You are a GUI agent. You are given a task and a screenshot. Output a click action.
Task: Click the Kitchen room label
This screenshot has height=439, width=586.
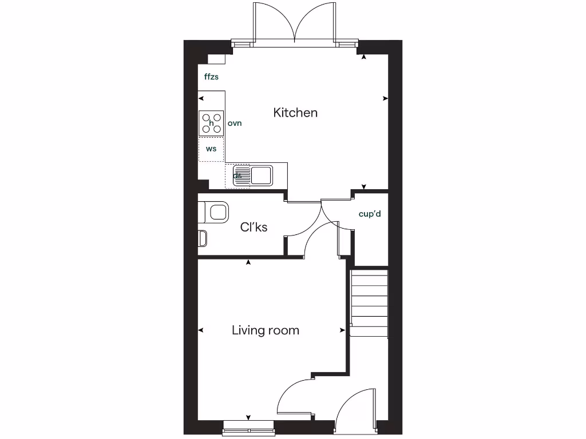[295, 113]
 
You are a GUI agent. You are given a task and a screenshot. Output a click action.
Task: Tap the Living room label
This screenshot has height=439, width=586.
[266, 330]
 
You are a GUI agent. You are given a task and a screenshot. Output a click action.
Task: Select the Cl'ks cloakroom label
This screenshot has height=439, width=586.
[254, 227]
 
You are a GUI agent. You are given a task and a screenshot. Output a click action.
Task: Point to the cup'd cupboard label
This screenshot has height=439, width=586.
[370, 214]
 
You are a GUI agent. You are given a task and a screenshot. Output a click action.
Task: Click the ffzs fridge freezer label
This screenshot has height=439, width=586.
[211, 77]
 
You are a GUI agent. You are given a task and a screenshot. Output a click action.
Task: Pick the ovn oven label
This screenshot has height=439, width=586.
[235, 123]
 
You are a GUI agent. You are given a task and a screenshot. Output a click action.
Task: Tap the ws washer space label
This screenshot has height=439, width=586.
[211, 149]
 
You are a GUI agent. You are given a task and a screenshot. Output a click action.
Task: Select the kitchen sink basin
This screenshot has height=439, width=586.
[263, 174]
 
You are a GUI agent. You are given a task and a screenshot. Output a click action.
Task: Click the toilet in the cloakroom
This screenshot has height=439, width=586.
[215, 212]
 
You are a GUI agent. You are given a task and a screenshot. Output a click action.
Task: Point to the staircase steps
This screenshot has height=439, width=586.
[369, 303]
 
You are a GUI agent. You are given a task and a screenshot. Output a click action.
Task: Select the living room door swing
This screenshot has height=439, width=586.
[295, 397]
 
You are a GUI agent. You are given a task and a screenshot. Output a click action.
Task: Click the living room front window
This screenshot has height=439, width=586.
[248, 426]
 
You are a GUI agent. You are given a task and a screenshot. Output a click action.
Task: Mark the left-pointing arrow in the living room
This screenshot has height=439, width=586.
[201, 330]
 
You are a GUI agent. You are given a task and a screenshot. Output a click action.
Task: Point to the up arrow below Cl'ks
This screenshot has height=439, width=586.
[248, 262]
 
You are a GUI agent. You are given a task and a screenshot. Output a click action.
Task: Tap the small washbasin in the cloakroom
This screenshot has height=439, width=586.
[202, 238]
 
